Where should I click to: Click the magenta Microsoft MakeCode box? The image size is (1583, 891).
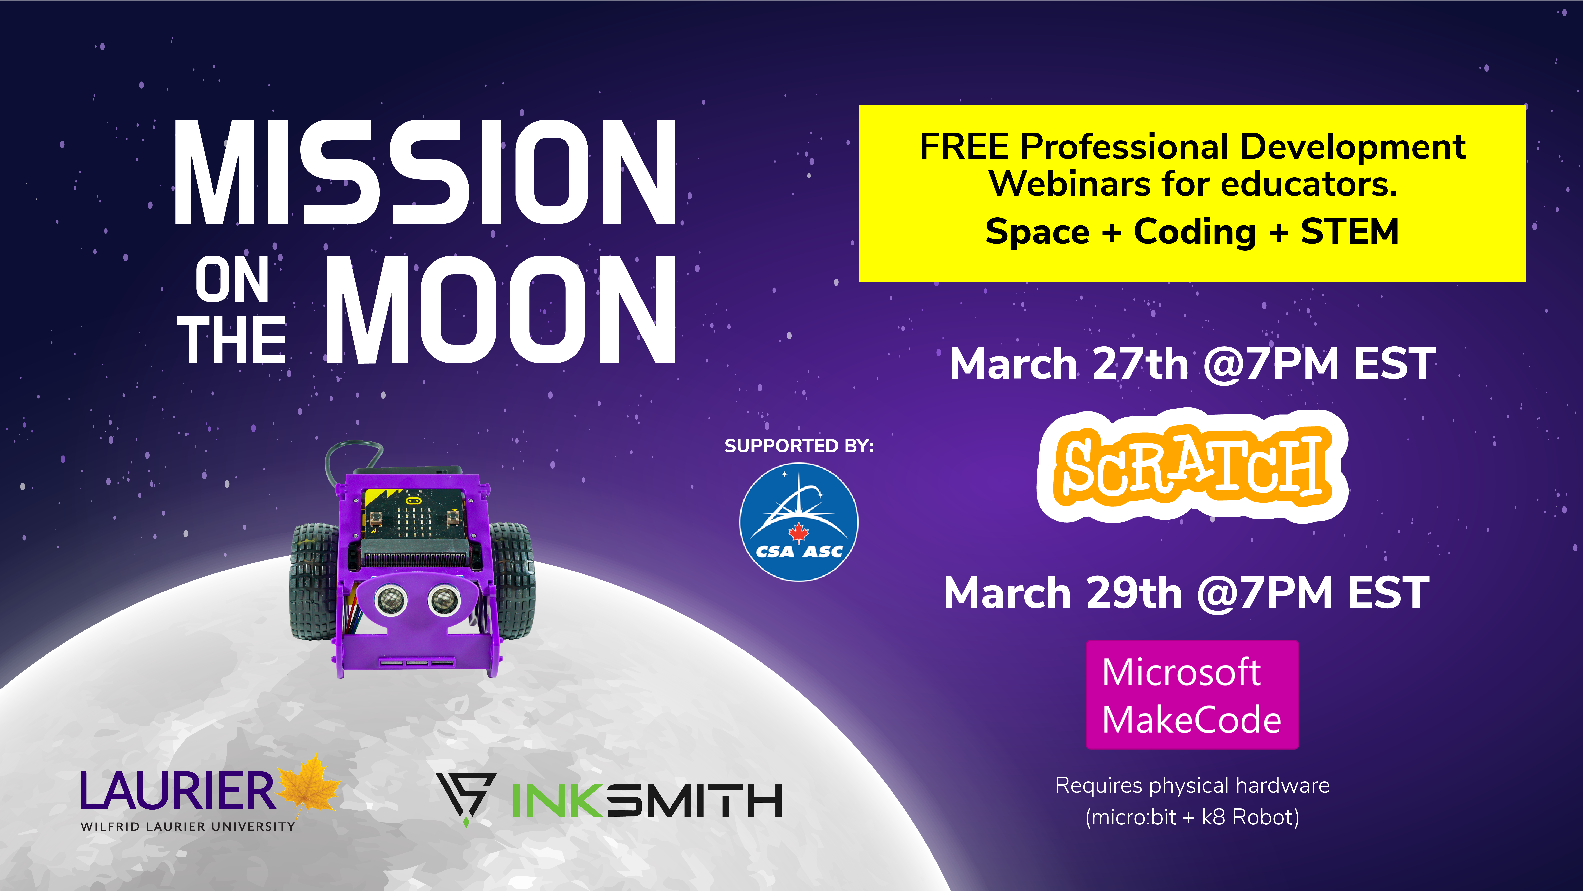(1192, 695)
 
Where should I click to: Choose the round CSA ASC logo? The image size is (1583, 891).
(798, 522)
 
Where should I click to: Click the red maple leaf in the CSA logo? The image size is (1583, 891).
(798, 532)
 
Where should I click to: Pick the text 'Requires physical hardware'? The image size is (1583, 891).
(1192, 786)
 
